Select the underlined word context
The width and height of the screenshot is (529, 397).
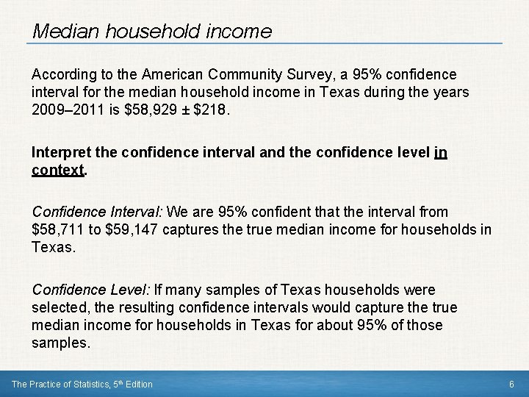pyautogui.click(x=58, y=170)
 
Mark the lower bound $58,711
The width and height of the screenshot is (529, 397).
pyautogui.click(x=58, y=230)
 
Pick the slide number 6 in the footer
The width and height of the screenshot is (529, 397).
pyautogui.click(x=511, y=384)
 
